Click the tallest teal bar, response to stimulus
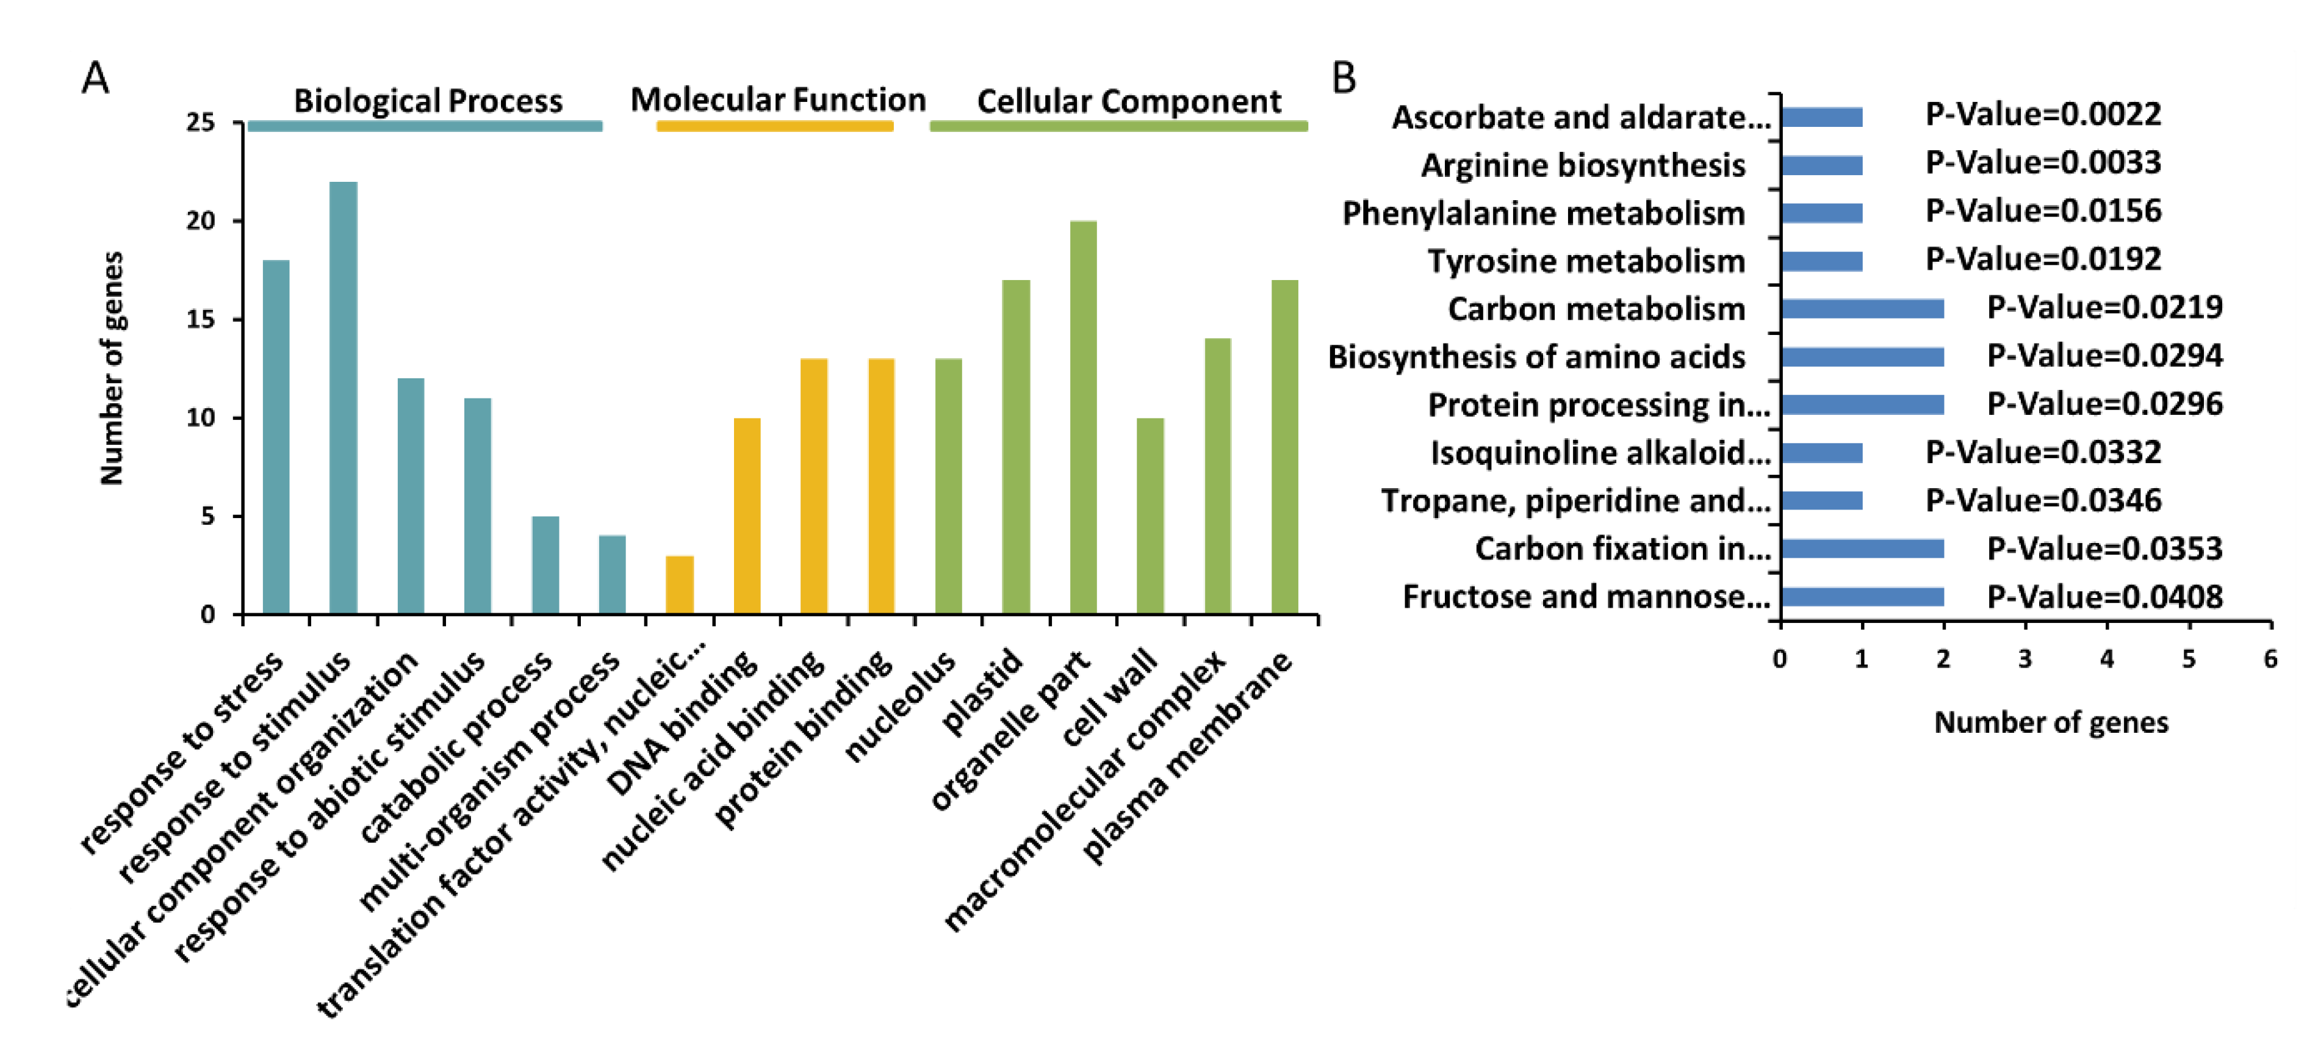click(343, 398)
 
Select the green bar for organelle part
click(1083, 417)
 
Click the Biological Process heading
click(428, 101)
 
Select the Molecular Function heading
click(777, 99)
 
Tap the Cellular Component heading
click(1128, 101)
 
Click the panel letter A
click(95, 78)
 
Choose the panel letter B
click(1344, 78)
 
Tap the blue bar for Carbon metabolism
click(1862, 309)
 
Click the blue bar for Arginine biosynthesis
click(1821, 165)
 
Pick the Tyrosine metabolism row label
click(1586, 261)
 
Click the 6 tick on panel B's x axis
click(2269, 659)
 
